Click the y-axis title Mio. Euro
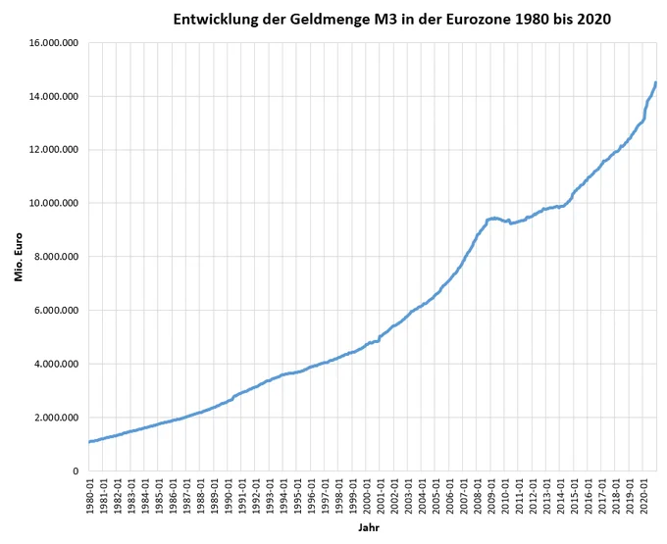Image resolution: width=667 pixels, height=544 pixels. tap(19, 257)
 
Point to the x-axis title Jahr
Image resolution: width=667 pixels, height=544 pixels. tap(369, 528)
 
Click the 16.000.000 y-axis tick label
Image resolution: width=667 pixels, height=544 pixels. tap(54, 43)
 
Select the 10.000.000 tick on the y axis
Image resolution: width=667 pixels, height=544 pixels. tap(54, 203)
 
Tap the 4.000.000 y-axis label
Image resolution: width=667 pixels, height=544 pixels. tap(56, 364)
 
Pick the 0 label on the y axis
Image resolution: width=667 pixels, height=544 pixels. tap(76, 470)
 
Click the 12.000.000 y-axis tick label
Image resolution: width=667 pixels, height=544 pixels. tap(54, 150)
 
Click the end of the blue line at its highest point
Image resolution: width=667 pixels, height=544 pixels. tap(656, 82)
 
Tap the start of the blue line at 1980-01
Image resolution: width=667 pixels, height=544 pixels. tap(89, 442)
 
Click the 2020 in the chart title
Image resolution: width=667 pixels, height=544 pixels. tap(593, 20)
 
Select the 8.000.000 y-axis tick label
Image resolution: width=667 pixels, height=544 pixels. tap(56, 257)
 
